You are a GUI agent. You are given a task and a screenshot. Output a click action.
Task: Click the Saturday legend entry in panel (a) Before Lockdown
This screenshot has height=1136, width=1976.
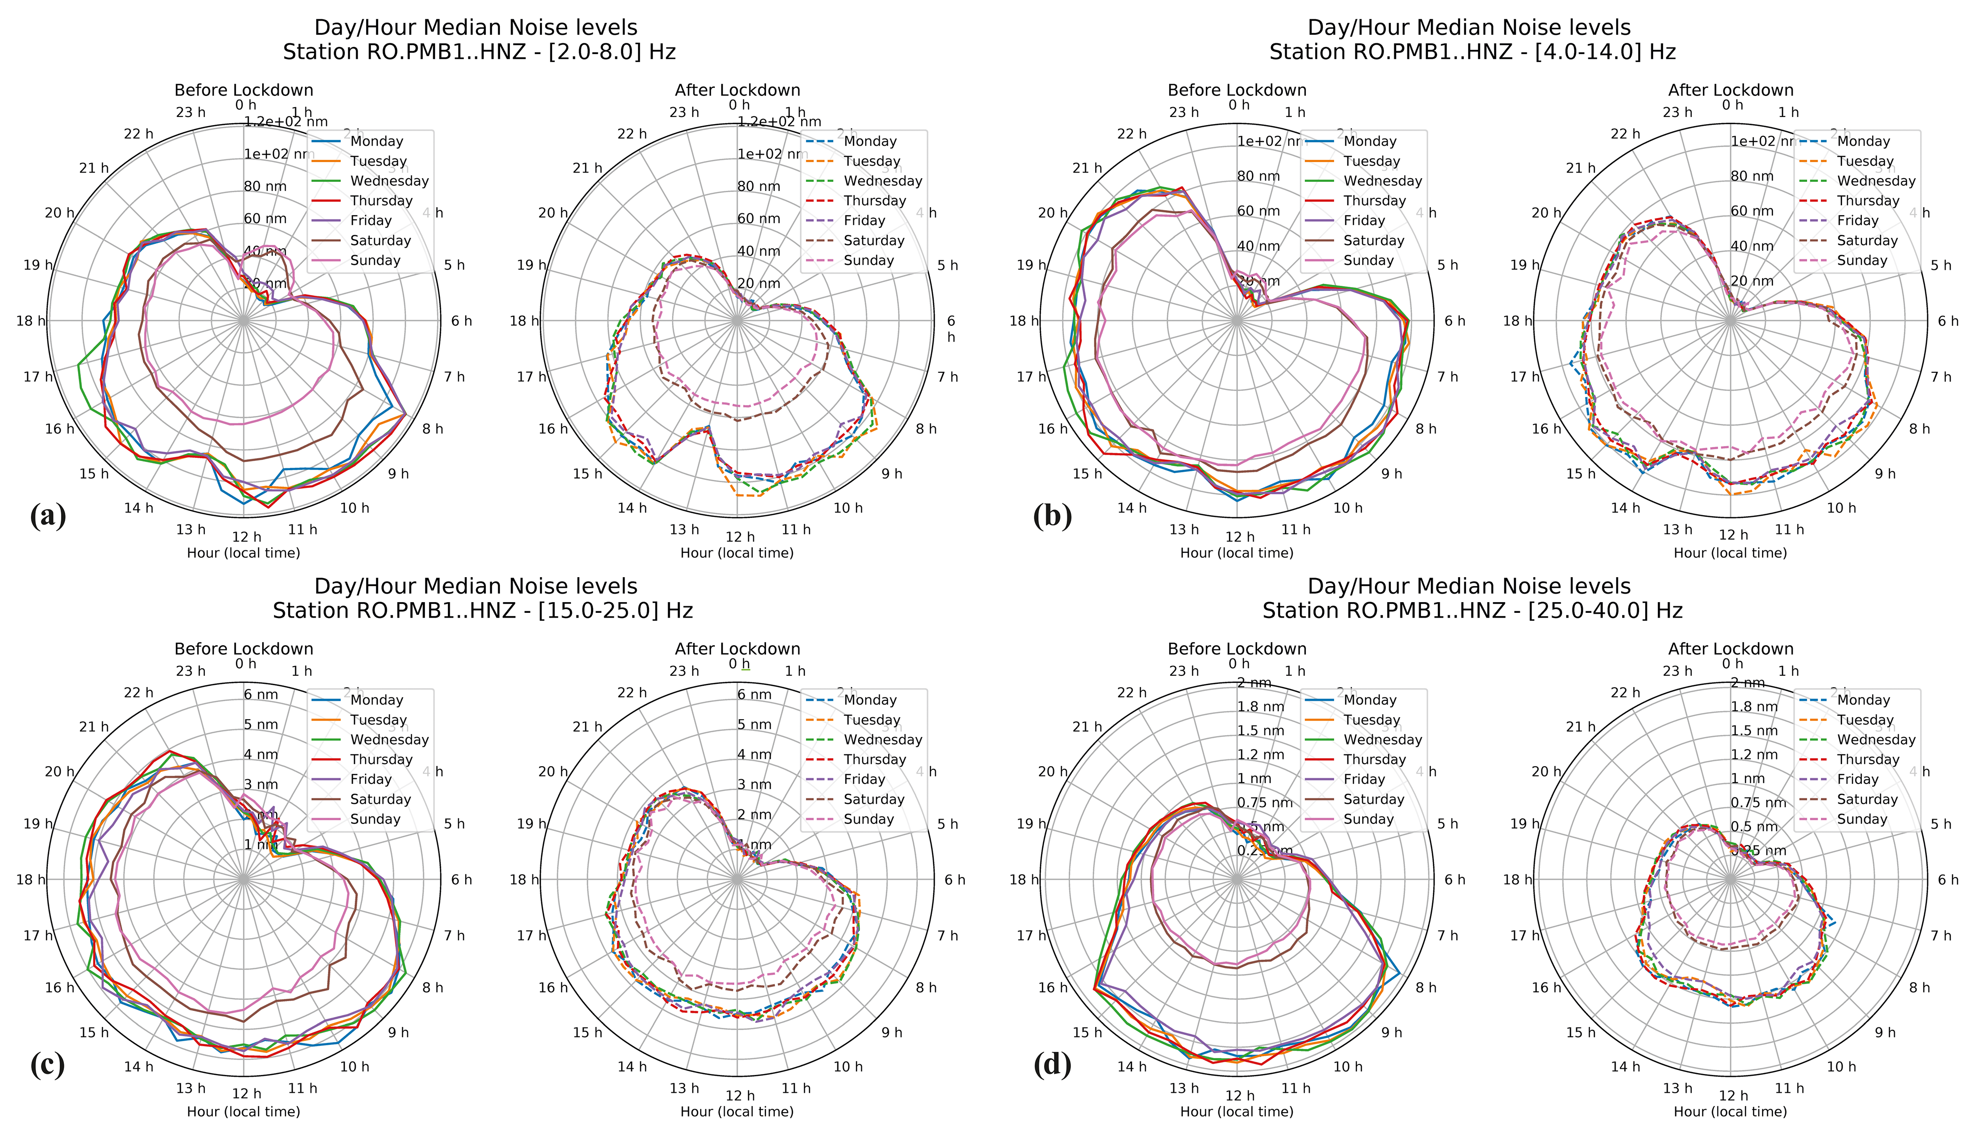(x=380, y=240)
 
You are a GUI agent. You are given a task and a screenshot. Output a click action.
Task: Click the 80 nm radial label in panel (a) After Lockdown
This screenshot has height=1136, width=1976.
(x=758, y=187)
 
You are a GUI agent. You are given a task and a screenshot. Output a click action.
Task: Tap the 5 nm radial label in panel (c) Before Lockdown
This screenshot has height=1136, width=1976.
(x=260, y=725)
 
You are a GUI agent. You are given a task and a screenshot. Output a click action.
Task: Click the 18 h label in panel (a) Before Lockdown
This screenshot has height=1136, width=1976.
(x=31, y=321)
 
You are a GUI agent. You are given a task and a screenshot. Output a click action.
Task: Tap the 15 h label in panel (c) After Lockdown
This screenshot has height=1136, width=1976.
(x=587, y=1032)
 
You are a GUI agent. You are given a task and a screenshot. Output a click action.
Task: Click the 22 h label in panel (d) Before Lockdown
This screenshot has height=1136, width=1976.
(x=1131, y=693)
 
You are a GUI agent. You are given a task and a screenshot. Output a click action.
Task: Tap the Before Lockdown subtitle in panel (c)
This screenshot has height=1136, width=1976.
(x=243, y=649)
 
